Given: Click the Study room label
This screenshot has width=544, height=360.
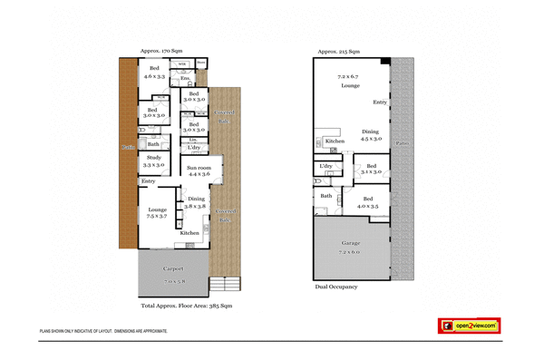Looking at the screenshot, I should click(x=153, y=161).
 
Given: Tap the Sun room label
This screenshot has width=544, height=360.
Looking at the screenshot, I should click(x=199, y=170).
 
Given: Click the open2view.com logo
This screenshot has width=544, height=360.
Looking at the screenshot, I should click(x=469, y=326).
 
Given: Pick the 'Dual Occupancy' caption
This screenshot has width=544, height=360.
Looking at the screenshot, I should click(x=336, y=287).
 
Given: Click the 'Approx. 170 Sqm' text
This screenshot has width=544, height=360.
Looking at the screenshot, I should click(x=162, y=52).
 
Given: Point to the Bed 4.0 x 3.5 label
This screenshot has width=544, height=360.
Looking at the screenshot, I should click(x=366, y=202).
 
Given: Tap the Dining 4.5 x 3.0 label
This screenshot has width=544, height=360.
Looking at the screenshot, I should click(x=371, y=135).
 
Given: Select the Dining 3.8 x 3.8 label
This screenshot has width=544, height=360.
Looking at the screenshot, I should click(x=196, y=202).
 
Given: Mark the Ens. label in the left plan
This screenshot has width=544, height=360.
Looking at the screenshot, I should click(x=185, y=80).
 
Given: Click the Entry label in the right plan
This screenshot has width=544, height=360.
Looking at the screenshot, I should click(x=380, y=102).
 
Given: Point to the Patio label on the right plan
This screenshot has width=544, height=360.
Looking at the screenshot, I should click(x=402, y=143).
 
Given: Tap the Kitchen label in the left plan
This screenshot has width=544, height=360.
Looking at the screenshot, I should click(x=189, y=233).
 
